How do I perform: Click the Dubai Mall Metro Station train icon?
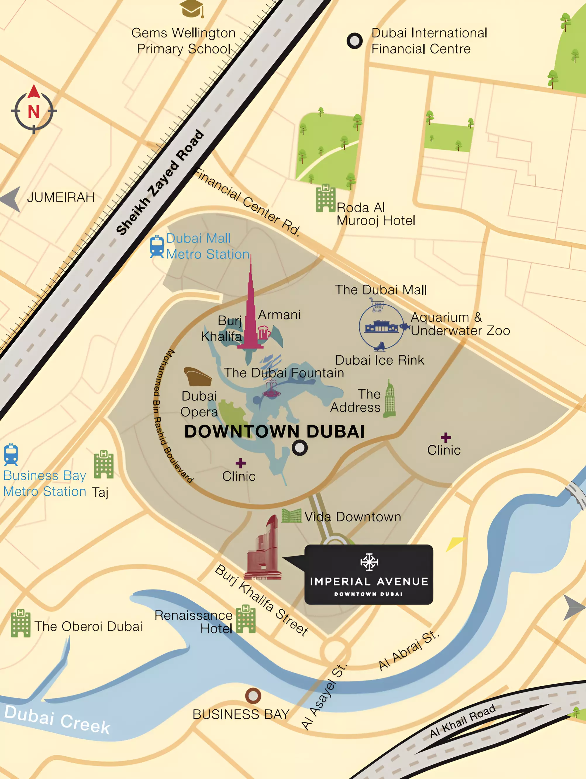point(157,247)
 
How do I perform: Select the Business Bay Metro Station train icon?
point(11,455)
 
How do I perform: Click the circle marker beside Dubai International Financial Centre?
point(354,41)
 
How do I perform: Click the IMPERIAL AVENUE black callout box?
point(368,574)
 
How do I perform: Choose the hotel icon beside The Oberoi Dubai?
point(21,623)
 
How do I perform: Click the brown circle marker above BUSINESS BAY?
point(253,696)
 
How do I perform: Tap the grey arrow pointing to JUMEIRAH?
point(11,199)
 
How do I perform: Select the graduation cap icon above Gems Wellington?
point(192,8)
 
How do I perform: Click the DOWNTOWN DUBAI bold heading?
point(274,431)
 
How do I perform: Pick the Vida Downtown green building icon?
point(291,516)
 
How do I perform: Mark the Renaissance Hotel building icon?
point(245,619)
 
